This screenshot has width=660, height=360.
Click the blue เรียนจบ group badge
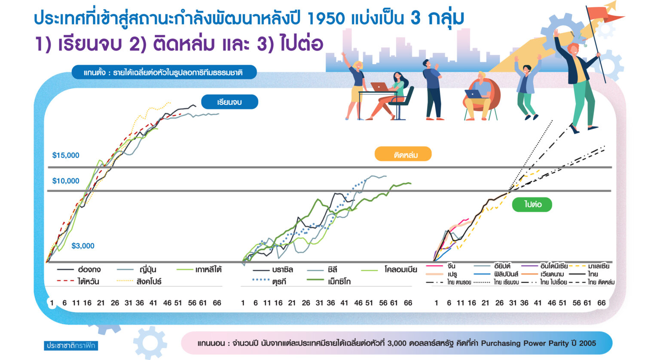click(229, 102)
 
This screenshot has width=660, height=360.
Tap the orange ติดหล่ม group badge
click(403, 154)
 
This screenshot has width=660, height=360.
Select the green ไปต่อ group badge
click(532, 204)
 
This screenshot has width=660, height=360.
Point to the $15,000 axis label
click(66, 155)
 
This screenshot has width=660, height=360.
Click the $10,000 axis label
click(66, 180)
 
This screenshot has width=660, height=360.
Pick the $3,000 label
click(83, 246)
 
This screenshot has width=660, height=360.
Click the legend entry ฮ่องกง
click(79, 269)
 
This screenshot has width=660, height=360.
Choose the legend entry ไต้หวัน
click(78, 281)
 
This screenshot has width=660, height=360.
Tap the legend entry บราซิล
click(273, 269)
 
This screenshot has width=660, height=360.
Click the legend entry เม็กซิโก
click(329, 281)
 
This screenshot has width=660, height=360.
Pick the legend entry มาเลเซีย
click(589, 266)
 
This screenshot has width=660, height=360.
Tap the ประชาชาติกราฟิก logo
click(71, 345)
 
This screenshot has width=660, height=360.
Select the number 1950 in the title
click(326, 18)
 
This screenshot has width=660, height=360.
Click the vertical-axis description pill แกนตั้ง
click(164, 72)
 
